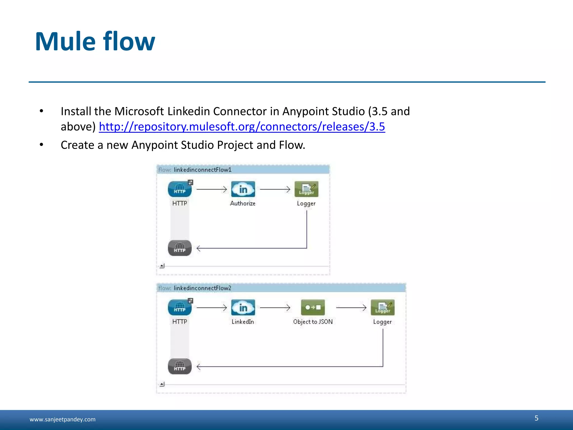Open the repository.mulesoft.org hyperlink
tap(242, 127)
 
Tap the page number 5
tap(536, 418)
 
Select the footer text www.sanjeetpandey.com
tap(63, 419)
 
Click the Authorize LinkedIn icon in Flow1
tap(243, 189)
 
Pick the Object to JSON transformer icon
tap(313, 307)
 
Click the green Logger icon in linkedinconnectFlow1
tap(306, 189)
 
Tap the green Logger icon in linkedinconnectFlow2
tap(382, 307)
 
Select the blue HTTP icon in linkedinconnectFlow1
tap(180, 189)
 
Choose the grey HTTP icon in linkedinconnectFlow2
tap(180, 366)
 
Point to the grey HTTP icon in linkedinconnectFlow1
tap(180, 248)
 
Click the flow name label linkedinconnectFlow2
tap(202, 288)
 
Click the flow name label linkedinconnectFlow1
tap(203, 170)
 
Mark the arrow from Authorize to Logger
tap(275, 190)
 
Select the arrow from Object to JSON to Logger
tap(351, 308)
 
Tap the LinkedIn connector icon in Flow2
tap(243, 307)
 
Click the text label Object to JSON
tap(313, 322)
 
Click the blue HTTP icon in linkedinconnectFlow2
tap(180, 307)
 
